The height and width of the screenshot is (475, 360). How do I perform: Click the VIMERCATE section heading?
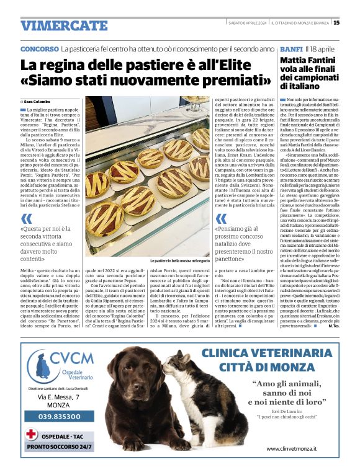[x=55, y=25]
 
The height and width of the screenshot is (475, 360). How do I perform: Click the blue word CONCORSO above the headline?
[x=39, y=48]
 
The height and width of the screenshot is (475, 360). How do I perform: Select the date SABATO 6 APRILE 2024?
[x=246, y=23]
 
